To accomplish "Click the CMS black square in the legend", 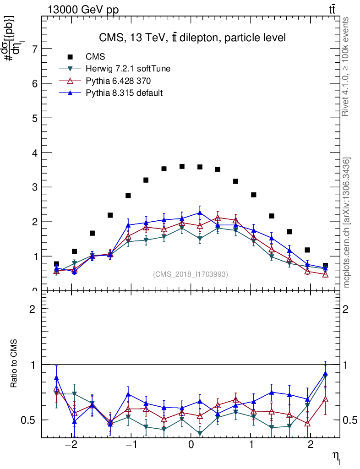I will [x=70, y=57].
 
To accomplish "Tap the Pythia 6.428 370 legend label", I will [x=118, y=81].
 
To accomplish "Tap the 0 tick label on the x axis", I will [x=191, y=446].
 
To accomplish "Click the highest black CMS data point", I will [x=182, y=166].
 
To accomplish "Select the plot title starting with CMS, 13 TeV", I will [x=192, y=38].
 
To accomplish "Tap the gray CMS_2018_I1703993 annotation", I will [x=191, y=274].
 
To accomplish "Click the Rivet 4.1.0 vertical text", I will [x=346, y=67].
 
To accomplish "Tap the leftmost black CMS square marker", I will [x=56, y=264].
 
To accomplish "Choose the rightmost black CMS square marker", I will [x=325, y=265].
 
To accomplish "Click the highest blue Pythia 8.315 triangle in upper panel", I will [x=200, y=213].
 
